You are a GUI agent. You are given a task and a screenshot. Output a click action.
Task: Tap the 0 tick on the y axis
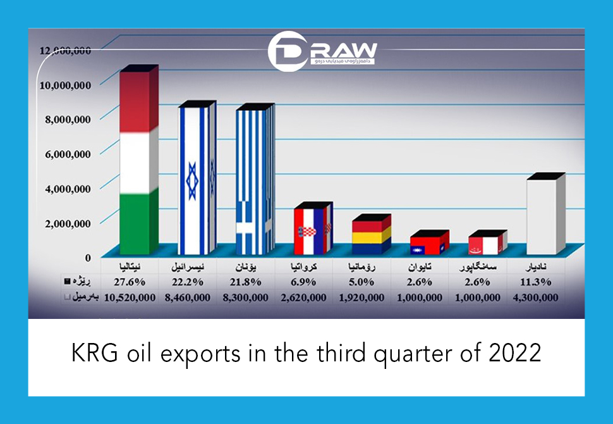click(88, 257)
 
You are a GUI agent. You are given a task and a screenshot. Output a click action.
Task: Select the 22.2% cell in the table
click(192, 282)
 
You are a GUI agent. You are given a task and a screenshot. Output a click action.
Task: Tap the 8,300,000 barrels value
click(250, 297)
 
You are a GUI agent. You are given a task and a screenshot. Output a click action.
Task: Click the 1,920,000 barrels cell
click(366, 297)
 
